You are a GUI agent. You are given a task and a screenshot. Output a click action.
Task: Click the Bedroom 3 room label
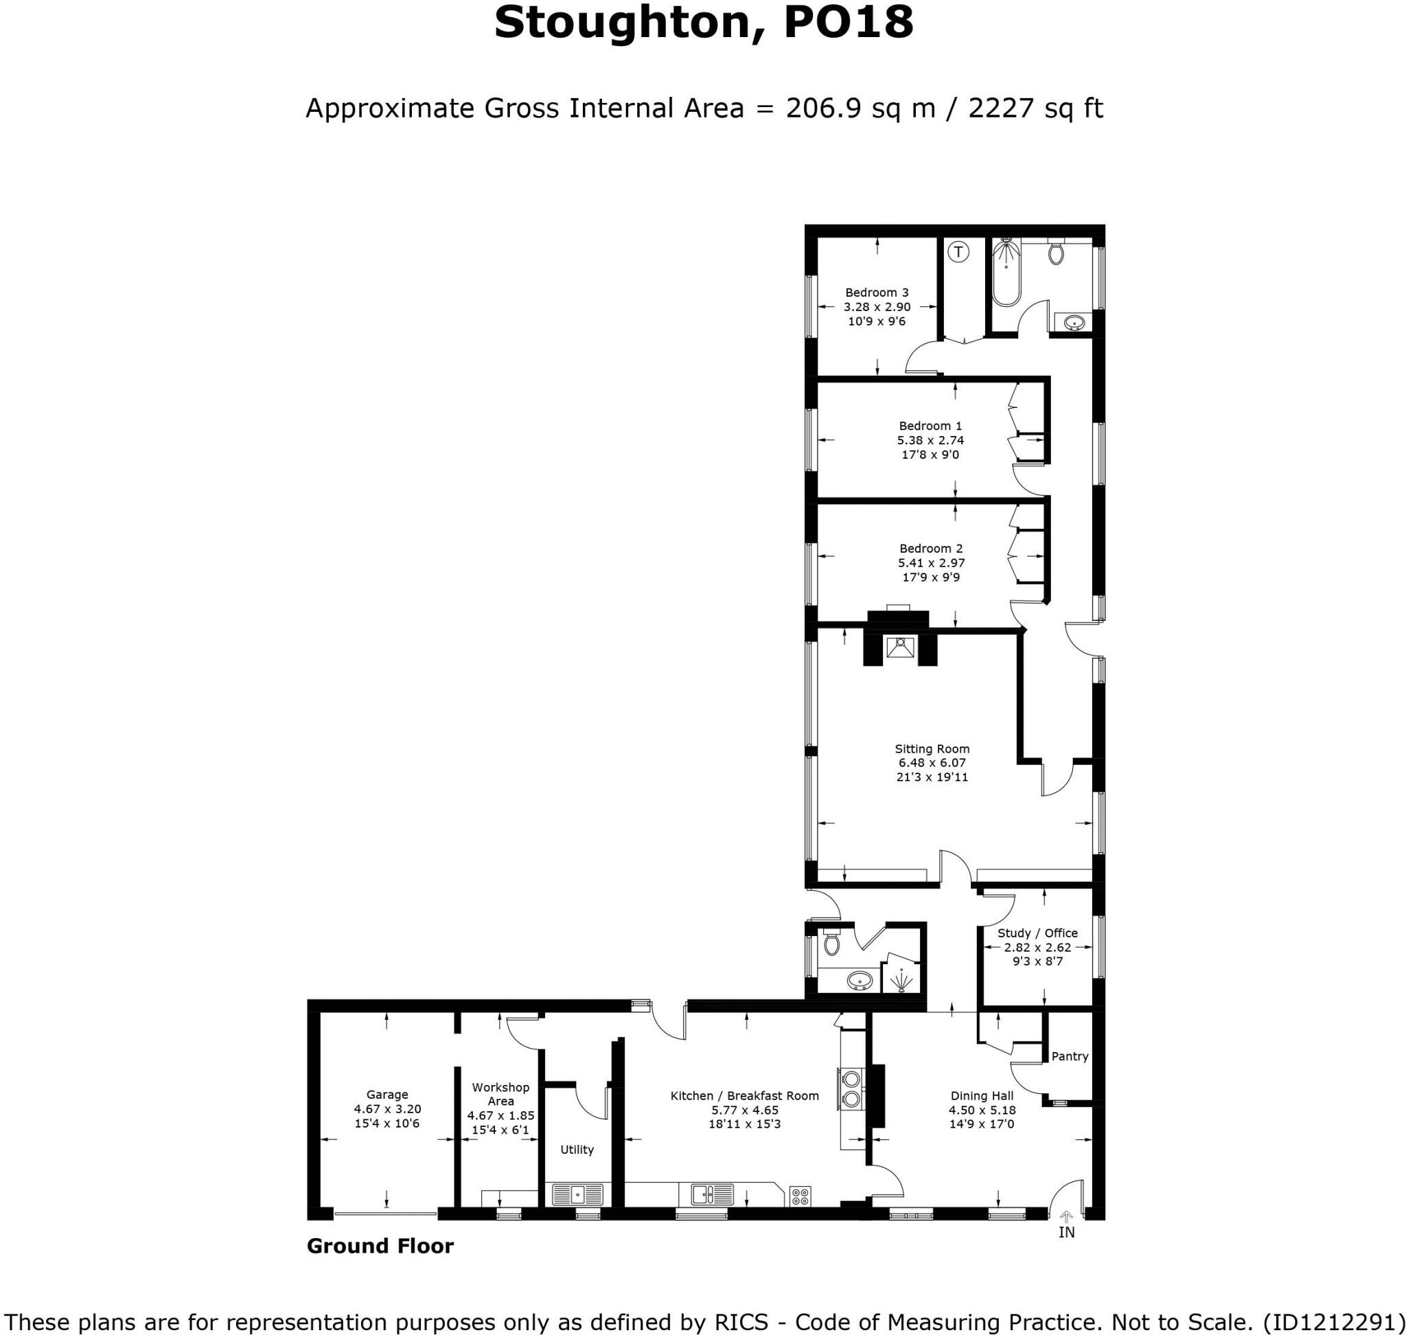pos(877,293)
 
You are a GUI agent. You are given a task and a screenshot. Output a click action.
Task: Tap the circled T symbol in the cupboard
pos(959,251)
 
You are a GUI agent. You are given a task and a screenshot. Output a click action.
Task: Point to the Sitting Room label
pos(932,749)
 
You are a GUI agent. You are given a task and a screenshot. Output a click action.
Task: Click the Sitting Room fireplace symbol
pos(900,648)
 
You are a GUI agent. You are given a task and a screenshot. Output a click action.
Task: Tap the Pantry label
pos(1070,1056)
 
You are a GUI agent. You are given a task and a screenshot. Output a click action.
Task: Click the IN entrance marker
pos(1066,1232)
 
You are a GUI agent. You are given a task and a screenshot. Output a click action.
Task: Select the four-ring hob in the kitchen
pos(800,1196)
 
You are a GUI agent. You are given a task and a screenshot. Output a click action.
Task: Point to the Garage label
pos(387,1095)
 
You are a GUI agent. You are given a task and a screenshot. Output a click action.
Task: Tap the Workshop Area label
pos(500,1094)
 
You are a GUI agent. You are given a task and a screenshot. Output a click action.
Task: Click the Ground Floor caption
pos(380,1246)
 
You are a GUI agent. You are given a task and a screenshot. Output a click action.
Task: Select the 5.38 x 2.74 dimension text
pos(930,440)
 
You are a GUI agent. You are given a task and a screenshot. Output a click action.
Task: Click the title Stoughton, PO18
pos(703,23)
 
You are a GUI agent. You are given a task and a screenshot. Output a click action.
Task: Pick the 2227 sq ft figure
pos(1035,109)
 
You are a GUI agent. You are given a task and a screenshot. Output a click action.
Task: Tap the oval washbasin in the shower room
pos(860,982)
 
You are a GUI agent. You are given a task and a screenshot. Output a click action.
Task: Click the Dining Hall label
pos(982,1096)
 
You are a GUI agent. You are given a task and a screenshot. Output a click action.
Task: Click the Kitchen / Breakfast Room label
pos(744,1096)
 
